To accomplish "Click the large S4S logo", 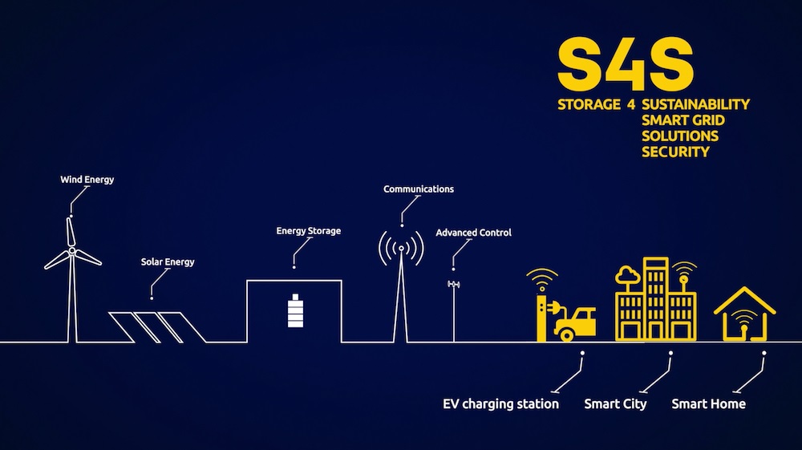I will (x=625, y=63).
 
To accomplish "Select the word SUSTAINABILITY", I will (x=695, y=104).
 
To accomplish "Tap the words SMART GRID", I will (x=683, y=120).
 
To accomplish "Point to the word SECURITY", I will (x=675, y=151).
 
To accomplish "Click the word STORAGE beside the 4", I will (x=589, y=104).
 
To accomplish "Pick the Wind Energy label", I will (x=87, y=180).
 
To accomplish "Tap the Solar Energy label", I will (x=168, y=262).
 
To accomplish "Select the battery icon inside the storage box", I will (x=297, y=311).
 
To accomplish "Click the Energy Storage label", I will (x=309, y=231).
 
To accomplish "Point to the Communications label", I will (x=419, y=189).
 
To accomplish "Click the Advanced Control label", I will (x=473, y=233).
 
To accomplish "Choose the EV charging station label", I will (x=500, y=403).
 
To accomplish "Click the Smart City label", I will (x=615, y=403).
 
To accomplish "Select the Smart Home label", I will (x=708, y=403).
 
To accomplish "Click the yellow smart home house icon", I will (x=745, y=314).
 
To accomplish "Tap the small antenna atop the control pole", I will (x=454, y=285).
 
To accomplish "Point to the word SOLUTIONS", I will (x=680, y=136).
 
